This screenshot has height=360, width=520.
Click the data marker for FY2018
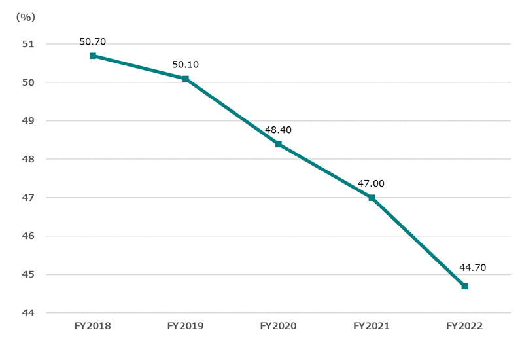[93, 56]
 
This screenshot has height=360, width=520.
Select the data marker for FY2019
[186, 79]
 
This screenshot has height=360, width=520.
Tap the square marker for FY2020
[279, 144]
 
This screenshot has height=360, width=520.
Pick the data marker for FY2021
[372, 198]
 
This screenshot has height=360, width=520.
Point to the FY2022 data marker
[464, 286]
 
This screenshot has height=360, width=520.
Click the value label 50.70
[92, 41]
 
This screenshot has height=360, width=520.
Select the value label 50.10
[185, 64]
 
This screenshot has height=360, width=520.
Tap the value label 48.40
[278, 130]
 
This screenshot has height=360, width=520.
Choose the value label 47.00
[371, 183]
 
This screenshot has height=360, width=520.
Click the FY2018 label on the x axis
[92, 325]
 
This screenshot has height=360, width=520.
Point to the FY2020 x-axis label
[278, 325]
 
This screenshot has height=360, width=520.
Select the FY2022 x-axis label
[464, 325]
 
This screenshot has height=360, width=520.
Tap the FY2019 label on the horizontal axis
[185, 325]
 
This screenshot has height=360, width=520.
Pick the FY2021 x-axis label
[371, 325]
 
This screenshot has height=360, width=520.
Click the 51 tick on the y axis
[27, 44]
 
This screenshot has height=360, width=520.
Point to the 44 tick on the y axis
[27, 313]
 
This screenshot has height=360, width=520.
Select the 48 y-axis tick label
[27, 159]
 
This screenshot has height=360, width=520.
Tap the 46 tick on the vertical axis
[27, 236]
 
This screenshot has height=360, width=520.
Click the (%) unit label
[24, 18]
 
